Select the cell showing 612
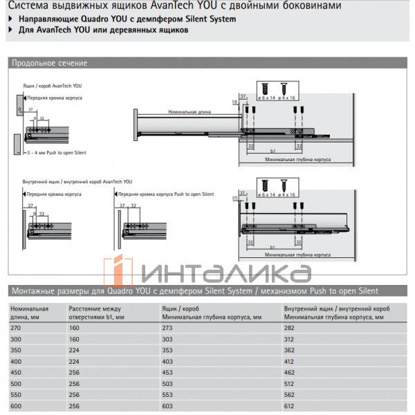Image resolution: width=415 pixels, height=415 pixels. tap(291, 407)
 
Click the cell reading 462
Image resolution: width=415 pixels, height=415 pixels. tap(291, 373)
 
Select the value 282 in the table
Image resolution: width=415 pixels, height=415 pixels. tap(291, 328)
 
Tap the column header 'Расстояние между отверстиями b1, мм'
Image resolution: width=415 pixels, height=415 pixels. tap(96, 312)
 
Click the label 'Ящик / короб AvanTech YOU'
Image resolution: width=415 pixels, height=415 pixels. tap(47, 85)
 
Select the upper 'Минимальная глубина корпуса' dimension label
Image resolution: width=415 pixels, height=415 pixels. tap(298, 159)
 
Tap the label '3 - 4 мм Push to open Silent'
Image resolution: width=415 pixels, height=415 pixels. tap(57, 151)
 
